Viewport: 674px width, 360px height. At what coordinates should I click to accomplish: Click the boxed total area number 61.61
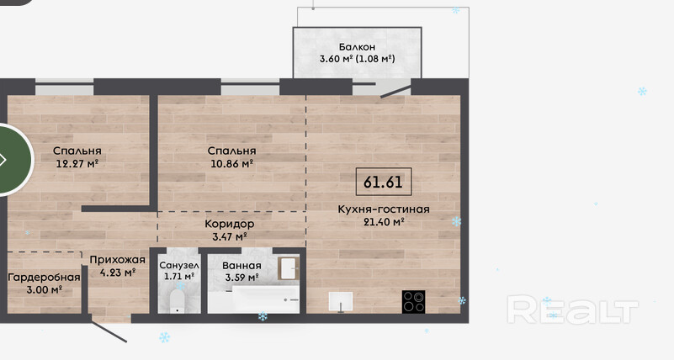tap(384, 182)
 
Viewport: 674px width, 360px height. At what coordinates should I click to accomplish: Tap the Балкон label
tap(357, 46)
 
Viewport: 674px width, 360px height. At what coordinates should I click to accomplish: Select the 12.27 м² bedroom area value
tap(77, 163)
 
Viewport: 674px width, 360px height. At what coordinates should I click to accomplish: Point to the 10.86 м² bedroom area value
tap(231, 163)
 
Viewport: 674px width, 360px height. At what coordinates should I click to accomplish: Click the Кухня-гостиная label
tap(384, 209)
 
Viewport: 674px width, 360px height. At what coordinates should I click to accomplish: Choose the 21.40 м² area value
tap(384, 222)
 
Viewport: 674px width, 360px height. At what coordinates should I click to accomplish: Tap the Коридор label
tap(229, 224)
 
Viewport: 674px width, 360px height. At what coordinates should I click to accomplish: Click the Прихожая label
tap(117, 260)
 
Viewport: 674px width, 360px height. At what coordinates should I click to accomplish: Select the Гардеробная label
tap(45, 278)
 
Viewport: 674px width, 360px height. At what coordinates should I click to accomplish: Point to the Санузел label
tap(179, 266)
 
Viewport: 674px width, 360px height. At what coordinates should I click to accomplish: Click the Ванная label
tap(241, 266)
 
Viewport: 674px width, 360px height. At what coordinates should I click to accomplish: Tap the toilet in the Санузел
tap(177, 301)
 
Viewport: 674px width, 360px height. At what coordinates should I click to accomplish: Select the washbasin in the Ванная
tap(288, 268)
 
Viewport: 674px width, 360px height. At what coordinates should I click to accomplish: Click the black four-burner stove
tap(413, 302)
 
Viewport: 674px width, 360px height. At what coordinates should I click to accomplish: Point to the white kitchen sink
tap(341, 301)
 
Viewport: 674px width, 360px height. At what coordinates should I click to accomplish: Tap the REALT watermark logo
tap(572, 310)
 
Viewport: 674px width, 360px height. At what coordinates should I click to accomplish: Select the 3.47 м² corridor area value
tap(229, 236)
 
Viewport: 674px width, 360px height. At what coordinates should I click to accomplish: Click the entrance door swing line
tap(109, 331)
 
